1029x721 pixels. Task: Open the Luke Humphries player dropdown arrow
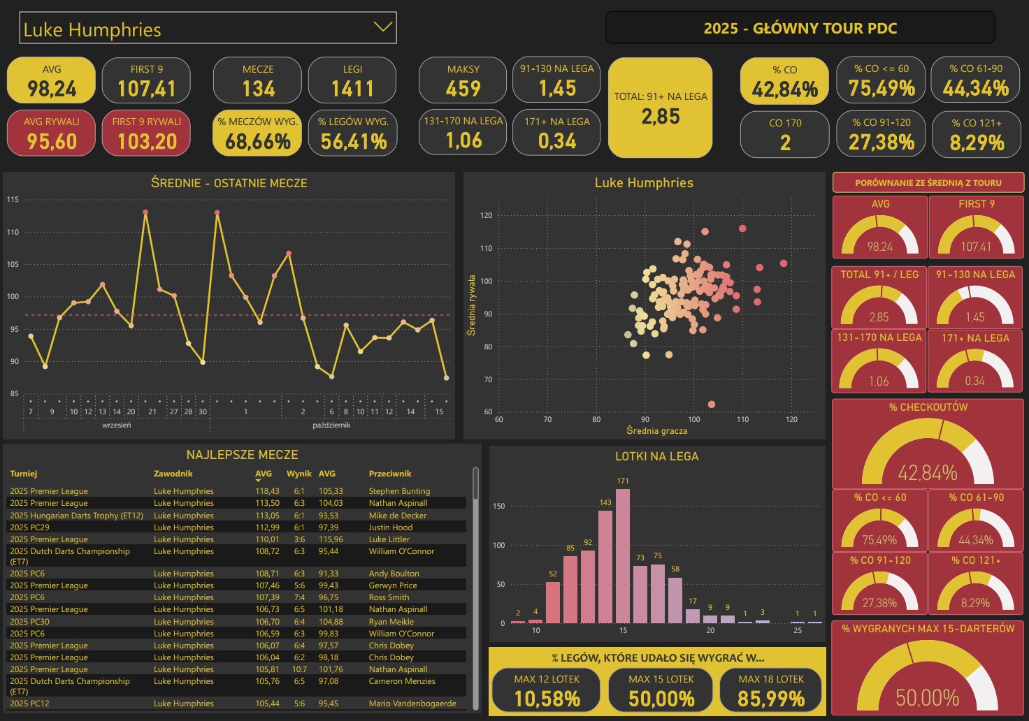click(382, 27)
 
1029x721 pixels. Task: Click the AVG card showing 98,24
click(51, 80)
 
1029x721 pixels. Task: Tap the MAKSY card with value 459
click(463, 80)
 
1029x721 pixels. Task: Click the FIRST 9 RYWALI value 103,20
click(147, 141)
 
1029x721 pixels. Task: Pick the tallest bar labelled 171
click(623, 555)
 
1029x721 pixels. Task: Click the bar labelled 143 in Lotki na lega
click(605, 566)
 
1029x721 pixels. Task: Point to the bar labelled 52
click(553, 602)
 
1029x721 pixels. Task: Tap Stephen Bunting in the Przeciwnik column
click(399, 491)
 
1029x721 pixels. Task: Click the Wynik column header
click(299, 474)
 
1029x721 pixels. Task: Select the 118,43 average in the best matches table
click(267, 491)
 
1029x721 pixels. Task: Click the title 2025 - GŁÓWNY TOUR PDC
click(800, 29)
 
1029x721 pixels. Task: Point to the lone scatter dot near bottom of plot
click(712, 405)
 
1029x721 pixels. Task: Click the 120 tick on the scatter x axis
click(791, 420)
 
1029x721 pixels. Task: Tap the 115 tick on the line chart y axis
click(13, 200)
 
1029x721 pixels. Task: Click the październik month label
click(331, 425)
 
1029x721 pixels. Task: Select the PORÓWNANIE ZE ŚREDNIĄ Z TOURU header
click(928, 183)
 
